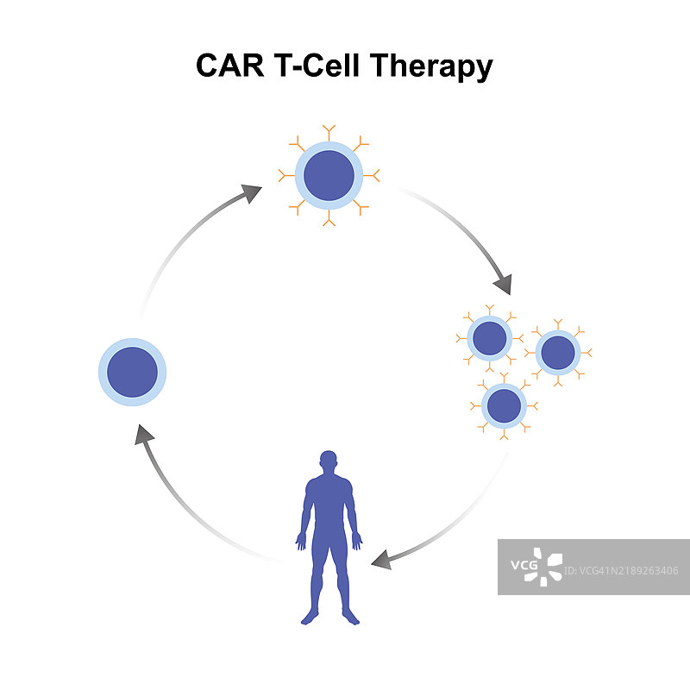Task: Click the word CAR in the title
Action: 229,66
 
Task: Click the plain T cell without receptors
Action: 132,373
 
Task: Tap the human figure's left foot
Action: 348,616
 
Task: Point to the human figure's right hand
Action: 300,542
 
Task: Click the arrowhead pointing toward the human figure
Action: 380,561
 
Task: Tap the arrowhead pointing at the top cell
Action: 252,192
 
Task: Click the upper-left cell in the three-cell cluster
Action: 489,338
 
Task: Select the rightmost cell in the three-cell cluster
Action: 559,352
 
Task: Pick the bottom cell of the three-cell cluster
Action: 504,405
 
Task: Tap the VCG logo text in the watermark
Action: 523,566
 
